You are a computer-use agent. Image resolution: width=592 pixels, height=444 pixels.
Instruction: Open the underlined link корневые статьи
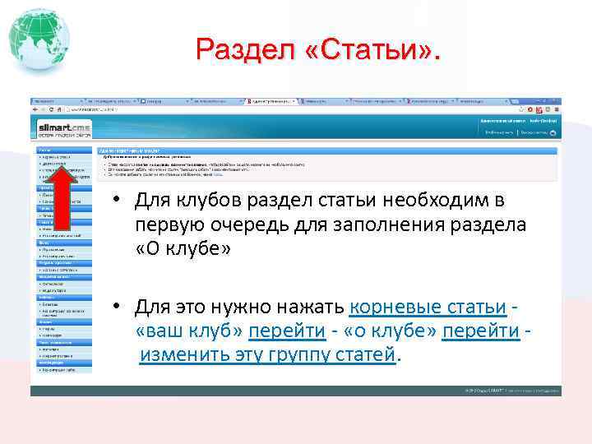tap(428, 307)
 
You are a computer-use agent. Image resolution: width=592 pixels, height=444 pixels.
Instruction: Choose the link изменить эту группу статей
tap(268, 354)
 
